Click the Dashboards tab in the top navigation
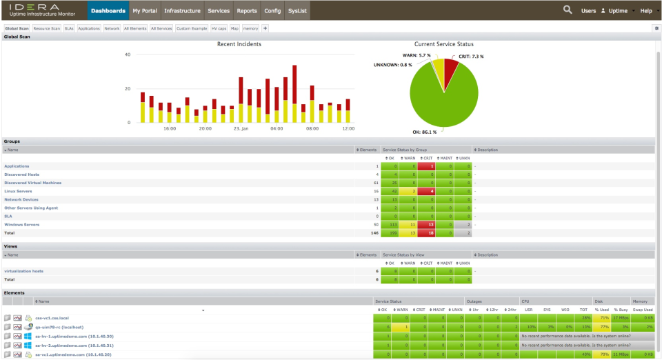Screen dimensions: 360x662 pos(108,10)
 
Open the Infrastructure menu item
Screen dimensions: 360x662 pos(183,10)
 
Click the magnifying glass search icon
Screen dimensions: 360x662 pos(568,10)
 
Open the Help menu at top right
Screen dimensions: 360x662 pos(648,10)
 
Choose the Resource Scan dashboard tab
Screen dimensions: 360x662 pos(47,28)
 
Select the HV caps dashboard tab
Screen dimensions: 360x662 pos(218,28)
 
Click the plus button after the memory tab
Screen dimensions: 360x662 pos(265,28)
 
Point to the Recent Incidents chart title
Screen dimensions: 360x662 pos(239,44)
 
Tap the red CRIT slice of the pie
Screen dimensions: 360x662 pos(450,68)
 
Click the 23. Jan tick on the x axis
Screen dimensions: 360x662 pos(241,128)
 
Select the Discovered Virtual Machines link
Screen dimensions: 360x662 pos(32,183)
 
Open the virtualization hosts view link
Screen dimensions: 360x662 pos(23,271)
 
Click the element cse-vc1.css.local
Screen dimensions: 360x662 pos(52,318)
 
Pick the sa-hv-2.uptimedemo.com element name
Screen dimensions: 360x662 pos(74,345)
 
